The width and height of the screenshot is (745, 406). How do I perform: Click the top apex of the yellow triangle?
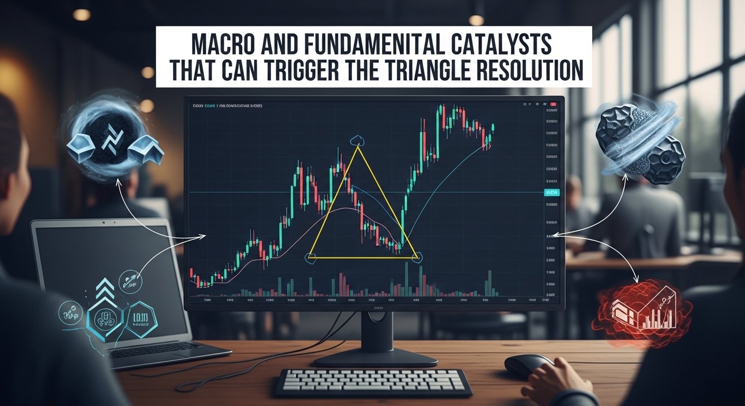[358, 146]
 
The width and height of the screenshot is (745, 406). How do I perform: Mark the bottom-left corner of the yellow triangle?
[310, 257]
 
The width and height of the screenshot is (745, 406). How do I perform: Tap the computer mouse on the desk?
[529, 365]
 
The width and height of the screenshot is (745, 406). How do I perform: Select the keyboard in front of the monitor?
[373, 381]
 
